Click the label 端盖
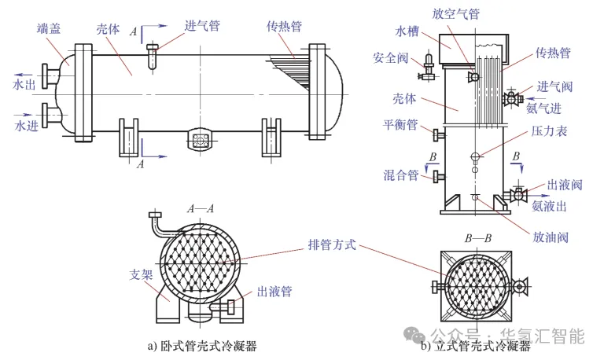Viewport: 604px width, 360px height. coord(49,28)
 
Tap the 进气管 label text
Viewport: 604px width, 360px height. coord(202,26)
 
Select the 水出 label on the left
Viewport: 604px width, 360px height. coord(24,84)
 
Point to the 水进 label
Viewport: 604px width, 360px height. coord(26,126)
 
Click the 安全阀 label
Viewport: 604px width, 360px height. coord(390,57)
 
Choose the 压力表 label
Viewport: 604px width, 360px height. coord(549,131)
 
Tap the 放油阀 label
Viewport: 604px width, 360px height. coord(551,237)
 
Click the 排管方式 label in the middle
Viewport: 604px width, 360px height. coord(332,244)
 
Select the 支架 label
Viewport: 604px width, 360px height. coord(141,274)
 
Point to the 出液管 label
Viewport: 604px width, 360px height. coord(274,292)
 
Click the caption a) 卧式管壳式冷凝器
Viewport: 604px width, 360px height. coord(202,346)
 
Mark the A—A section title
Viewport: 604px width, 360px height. coord(201,209)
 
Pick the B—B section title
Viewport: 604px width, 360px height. coord(477,239)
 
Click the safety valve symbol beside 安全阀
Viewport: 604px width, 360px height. coord(428,68)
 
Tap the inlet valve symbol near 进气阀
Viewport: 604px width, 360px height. coord(512,98)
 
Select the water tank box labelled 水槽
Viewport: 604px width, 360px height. coord(473,49)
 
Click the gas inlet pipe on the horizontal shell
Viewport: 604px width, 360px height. coord(153,57)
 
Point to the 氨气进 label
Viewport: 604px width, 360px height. coord(543,108)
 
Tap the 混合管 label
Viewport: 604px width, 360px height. coord(400,175)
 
